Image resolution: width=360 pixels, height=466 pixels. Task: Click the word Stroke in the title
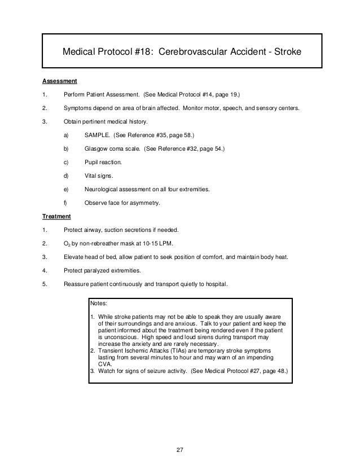point(286,52)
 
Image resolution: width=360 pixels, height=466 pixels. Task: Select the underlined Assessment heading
point(59,80)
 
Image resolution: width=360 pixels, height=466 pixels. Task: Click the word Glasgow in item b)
point(96,148)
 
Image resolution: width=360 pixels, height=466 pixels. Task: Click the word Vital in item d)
point(91,176)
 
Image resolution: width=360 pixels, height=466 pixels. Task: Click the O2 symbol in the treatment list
point(67,244)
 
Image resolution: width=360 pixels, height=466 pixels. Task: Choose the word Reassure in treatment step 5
point(77,284)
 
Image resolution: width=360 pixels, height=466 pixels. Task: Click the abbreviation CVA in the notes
point(105,364)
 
